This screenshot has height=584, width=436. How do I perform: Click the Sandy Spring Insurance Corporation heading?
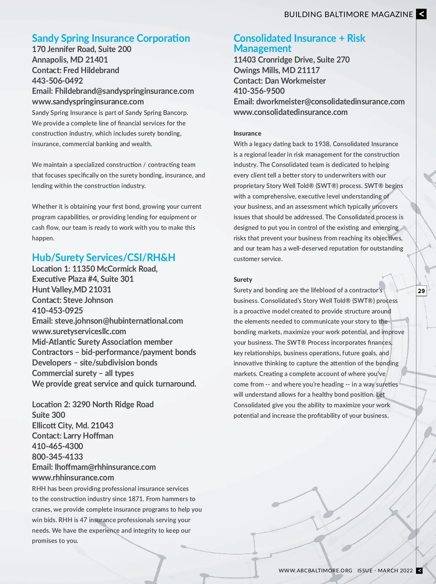point(111,38)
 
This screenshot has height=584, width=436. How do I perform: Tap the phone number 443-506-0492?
point(57,81)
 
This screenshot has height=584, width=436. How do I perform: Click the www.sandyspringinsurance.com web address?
point(88,101)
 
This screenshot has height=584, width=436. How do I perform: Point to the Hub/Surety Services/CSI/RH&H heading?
point(104,257)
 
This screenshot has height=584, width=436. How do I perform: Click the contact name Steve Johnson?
point(88,300)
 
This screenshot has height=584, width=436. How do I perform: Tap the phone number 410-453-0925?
point(57,311)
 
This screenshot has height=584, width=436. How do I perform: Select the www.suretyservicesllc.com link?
point(79,331)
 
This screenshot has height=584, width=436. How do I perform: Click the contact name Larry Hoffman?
point(88,436)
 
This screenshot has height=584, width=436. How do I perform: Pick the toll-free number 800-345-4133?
point(57,457)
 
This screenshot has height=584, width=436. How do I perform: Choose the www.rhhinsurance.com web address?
point(73,477)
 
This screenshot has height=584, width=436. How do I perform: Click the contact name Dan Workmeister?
point(295,81)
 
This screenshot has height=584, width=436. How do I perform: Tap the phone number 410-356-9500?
point(259,91)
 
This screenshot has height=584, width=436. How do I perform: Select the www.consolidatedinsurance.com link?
point(291,112)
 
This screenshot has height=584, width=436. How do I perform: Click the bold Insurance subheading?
point(247,133)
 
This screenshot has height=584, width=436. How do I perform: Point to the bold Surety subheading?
point(243,280)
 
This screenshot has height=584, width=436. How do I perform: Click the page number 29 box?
point(421,291)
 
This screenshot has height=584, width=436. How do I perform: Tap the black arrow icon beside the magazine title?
point(421,14)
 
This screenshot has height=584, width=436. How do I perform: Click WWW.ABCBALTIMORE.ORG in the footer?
point(315,571)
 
